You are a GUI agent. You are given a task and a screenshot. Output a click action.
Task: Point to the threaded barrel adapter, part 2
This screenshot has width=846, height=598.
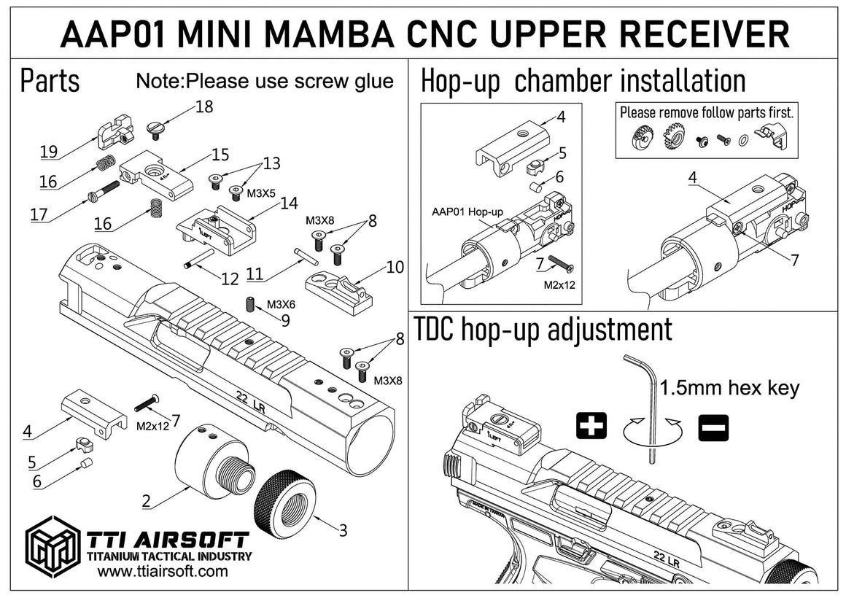207,462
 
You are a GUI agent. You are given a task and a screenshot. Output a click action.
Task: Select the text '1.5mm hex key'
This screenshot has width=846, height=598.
729,387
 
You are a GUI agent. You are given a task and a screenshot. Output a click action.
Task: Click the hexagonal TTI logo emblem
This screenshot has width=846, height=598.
53,547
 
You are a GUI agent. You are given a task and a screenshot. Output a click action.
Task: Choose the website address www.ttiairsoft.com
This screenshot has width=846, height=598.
162,572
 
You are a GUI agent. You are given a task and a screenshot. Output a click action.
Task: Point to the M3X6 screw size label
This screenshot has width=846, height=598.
281,304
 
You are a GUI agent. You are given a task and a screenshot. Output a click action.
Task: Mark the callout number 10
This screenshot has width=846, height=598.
395,268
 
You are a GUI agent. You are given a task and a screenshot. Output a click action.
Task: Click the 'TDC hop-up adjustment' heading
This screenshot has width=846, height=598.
543,330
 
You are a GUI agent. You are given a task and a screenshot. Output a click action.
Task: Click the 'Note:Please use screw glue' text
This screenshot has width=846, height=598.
265,81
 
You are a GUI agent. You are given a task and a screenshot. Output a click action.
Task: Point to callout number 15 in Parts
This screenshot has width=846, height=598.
220,155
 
